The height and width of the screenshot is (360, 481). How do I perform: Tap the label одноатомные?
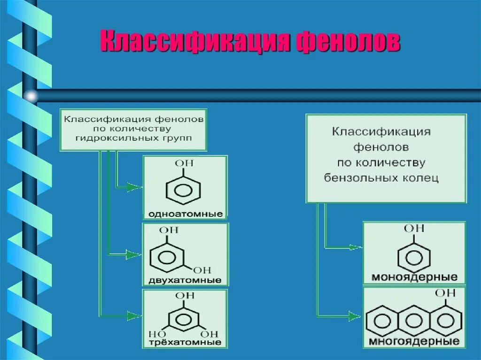click(x=185, y=214)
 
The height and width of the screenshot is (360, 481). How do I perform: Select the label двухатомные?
click(x=185, y=280)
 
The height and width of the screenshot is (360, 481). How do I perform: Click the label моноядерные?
click(x=414, y=277)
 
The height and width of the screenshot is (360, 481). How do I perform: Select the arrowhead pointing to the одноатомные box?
click(x=134, y=187)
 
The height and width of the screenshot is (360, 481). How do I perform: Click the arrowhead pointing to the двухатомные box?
click(x=134, y=255)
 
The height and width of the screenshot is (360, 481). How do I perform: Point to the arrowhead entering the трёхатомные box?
click(x=134, y=314)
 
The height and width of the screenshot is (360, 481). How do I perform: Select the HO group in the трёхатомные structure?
click(x=156, y=334)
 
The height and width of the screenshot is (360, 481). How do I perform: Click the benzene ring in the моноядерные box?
click(x=414, y=258)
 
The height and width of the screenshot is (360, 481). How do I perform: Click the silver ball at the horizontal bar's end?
click(x=31, y=96)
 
